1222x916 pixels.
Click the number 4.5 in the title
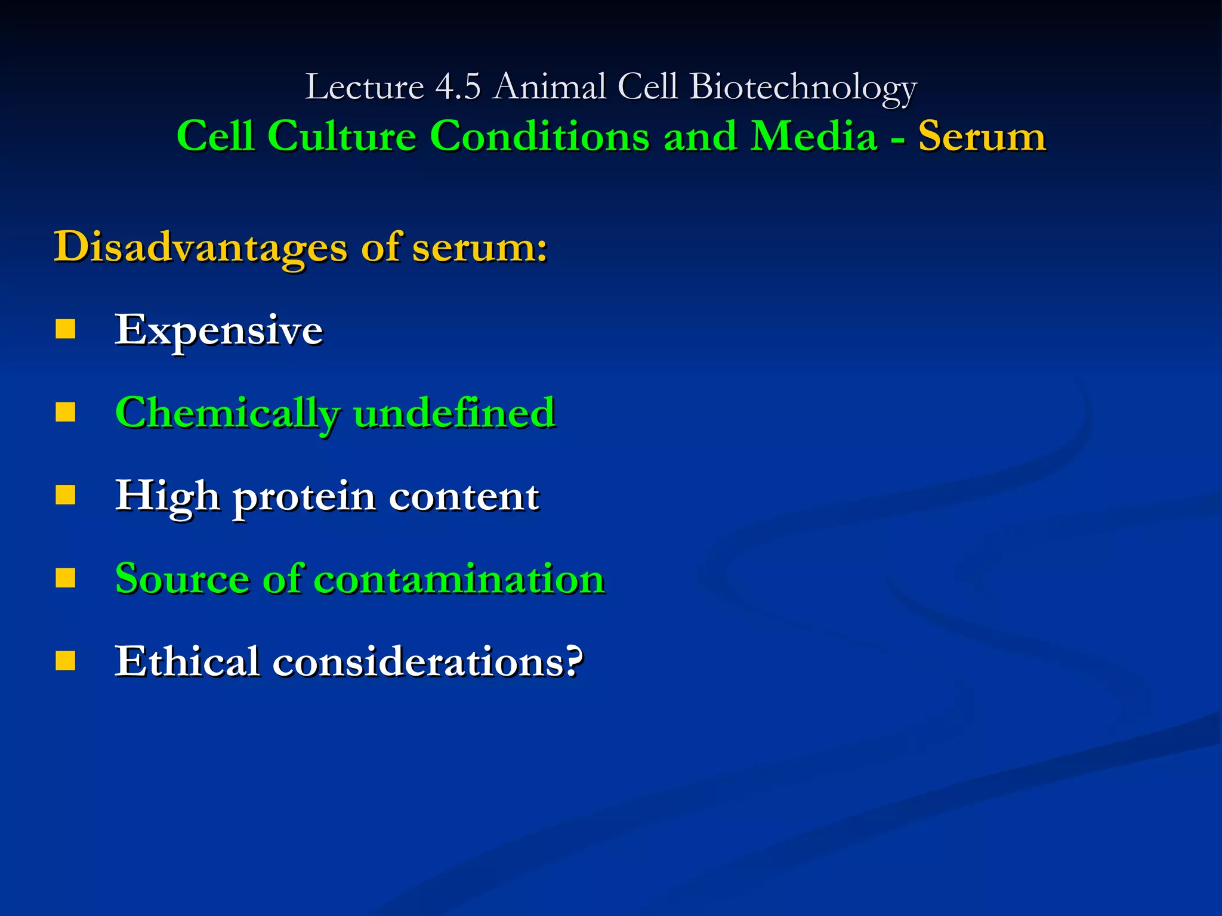[458, 86]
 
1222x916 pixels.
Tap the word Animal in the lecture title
[550, 86]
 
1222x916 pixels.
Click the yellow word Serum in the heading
[982, 137]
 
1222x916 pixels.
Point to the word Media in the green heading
[813, 137]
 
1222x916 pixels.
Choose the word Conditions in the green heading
[539, 137]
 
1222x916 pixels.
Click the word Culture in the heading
[341, 137]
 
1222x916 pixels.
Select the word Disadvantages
[200, 247]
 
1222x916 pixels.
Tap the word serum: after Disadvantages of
[479, 247]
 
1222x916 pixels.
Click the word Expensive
[219, 330]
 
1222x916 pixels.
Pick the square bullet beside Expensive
[66, 329]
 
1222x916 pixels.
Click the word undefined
[454, 413]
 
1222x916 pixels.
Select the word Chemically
[227, 413]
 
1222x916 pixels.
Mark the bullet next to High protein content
[66, 495]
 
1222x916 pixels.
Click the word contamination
[459, 579]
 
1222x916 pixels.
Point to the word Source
[182, 579]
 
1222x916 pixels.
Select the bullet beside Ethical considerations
[66, 661]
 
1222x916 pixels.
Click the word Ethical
[187, 661]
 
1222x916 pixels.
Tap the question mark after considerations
[573, 661]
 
